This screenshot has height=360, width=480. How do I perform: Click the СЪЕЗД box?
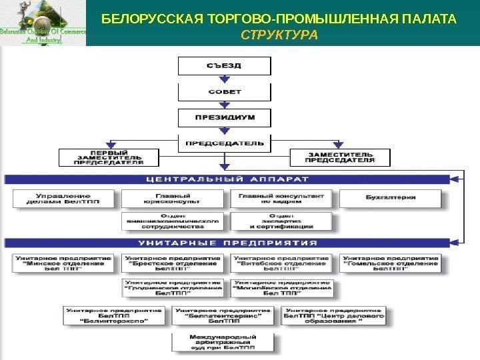pos(223,66)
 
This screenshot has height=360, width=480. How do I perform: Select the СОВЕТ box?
pos(223,92)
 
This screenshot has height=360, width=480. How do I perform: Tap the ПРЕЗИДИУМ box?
pos(223,118)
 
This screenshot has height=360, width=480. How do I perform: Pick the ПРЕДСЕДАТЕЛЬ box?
pos(223,143)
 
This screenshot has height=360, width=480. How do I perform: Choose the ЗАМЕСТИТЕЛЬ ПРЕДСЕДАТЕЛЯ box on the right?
pos(340,157)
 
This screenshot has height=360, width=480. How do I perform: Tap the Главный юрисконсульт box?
pos(174,197)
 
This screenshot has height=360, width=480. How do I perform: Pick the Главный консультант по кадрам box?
pos(281,197)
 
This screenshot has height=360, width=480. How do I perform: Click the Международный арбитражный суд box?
pos(223,342)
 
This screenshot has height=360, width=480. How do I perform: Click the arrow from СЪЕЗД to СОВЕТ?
pos(223,79)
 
